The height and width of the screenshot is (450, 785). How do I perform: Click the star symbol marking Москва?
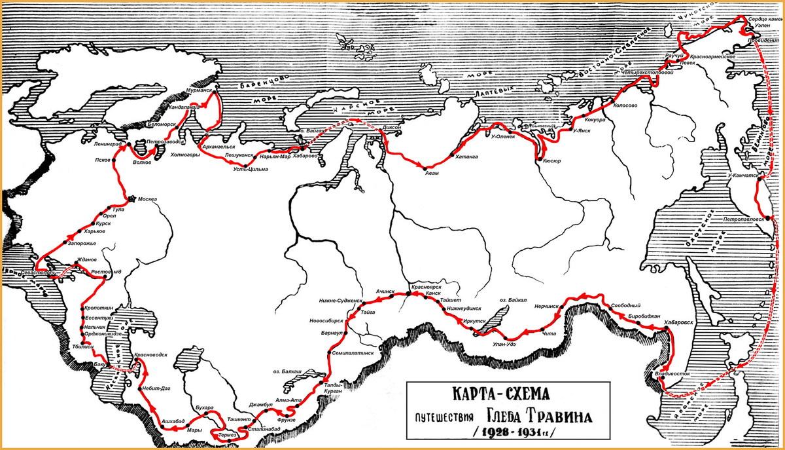click(133, 199)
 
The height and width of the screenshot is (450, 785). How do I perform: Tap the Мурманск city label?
click(199, 89)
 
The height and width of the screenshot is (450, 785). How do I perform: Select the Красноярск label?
click(429, 287)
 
